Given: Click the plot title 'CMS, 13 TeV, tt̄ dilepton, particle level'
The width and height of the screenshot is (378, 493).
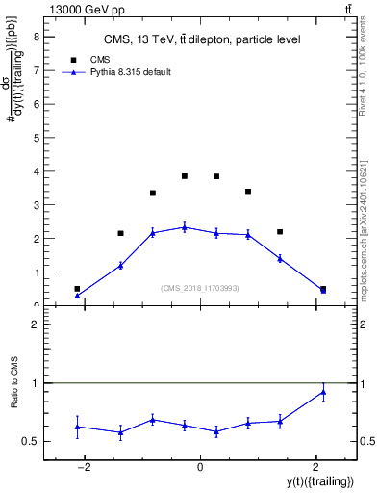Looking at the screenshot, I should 201,39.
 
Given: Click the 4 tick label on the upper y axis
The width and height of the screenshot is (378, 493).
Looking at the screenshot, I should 38,171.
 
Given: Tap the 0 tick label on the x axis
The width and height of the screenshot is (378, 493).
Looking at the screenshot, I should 200,467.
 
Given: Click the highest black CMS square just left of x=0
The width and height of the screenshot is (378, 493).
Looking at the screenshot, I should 185,176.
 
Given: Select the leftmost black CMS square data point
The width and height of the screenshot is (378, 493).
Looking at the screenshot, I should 77,289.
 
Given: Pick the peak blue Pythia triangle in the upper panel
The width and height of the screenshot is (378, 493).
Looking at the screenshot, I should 185,227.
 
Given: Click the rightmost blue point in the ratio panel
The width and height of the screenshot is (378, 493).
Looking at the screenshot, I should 323,391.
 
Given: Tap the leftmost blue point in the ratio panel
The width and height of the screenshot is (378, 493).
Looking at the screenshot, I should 77,427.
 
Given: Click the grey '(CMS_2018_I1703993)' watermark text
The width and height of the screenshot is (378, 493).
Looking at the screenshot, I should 200,288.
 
